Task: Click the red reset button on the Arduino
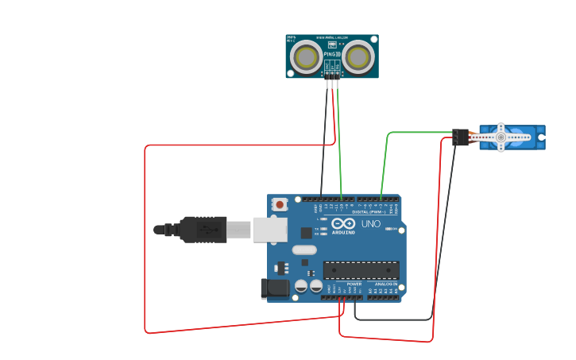coord(279,204)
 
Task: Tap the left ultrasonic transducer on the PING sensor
coord(306,56)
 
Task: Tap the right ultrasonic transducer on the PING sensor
coord(358,56)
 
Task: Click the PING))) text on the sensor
coord(331,52)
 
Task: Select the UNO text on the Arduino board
coord(371,224)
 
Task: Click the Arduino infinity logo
coord(343,223)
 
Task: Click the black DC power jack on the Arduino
coord(275,288)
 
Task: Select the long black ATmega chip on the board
coord(361,270)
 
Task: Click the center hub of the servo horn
coord(501,137)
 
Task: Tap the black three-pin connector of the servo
coord(461,137)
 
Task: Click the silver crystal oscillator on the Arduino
coord(303,250)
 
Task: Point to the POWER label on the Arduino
coord(354,284)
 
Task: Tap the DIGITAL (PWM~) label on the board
coord(369,212)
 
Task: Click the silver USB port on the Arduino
coord(269,230)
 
